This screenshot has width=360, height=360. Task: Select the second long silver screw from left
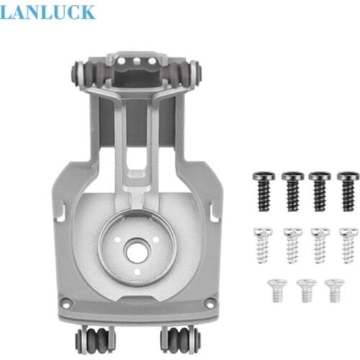pos(291,245)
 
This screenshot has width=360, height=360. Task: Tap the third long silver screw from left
pos(319,245)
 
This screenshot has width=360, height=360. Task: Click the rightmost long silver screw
pos(348,245)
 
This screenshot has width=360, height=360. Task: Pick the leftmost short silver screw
pos(274,289)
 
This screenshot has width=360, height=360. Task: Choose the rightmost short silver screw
pos(333,289)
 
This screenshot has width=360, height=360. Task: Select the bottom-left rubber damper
pos(94,338)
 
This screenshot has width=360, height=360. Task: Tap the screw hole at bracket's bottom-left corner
pos(66,305)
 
